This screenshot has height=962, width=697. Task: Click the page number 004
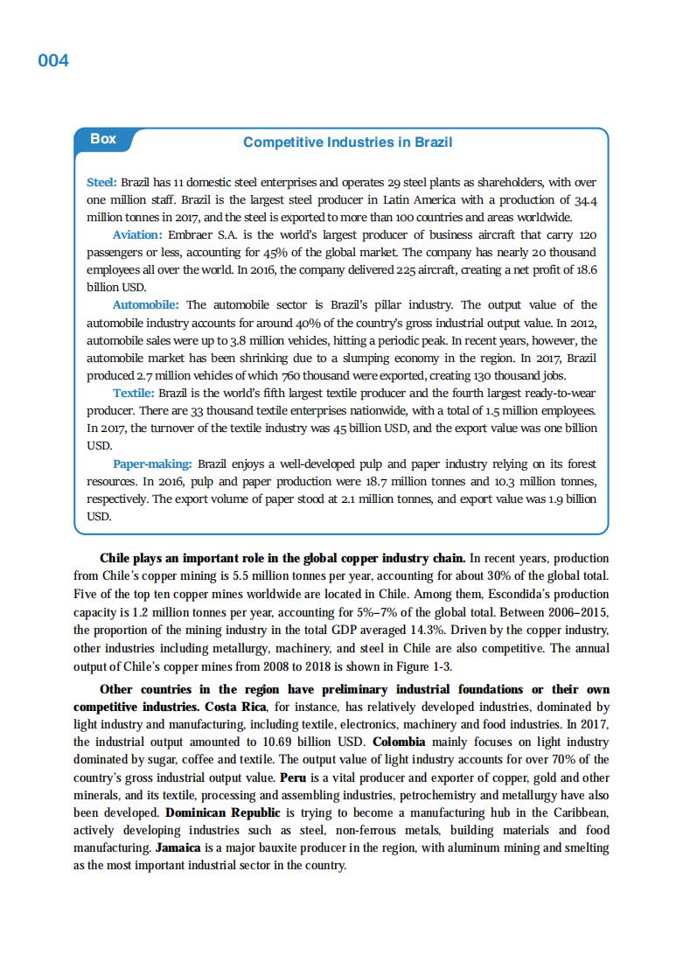pos(53,60)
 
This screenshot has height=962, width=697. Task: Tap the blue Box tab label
pos(103,138)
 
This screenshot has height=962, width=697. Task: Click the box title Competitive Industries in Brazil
pos(347,142)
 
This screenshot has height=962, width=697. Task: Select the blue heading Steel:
pos(101,183)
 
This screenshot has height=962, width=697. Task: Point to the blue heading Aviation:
pos(137,235)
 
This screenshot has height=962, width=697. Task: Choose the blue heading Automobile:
pos(146,304)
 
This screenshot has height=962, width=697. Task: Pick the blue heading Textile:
pos(133,393)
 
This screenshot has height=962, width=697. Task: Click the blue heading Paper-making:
pos(152,464)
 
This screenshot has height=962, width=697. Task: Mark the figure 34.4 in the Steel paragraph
pos(585,200)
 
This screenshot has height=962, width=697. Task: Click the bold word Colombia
pos(399,742)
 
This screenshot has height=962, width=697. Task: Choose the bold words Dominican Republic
pos(220,812)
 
